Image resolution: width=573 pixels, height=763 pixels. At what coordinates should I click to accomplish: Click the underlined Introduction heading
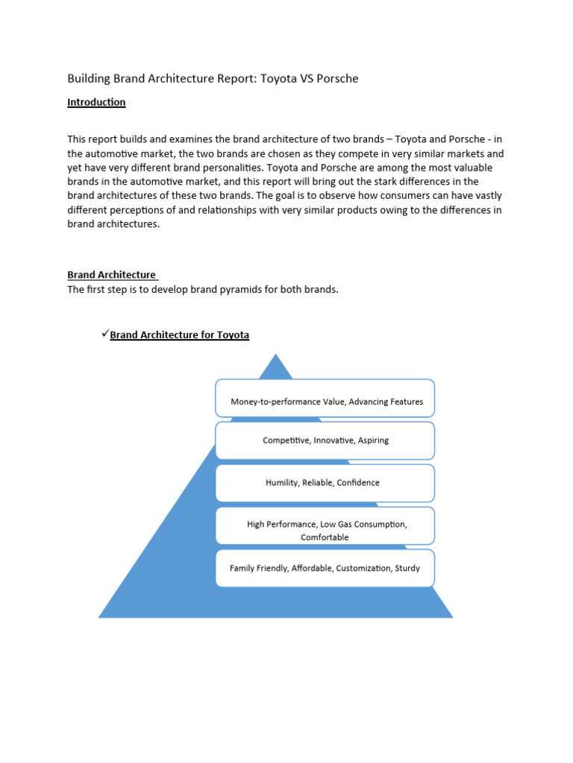(96, 102)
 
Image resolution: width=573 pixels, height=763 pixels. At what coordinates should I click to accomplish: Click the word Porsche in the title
(336, 78)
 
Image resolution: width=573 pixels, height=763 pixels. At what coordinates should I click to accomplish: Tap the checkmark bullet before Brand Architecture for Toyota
(104, 334)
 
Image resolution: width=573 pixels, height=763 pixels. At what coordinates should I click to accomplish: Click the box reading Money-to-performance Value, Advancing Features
(325, 398)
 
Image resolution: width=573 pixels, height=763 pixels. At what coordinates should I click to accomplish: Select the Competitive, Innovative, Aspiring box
(325, 440)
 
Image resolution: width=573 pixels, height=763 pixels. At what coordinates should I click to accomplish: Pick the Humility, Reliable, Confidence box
(325, 483)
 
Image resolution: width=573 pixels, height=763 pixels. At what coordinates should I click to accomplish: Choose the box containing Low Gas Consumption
(325, 525)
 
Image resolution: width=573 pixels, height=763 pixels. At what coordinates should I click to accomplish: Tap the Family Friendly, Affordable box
(325, 568)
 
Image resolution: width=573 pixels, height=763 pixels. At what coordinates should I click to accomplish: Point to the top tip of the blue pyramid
(277, 355)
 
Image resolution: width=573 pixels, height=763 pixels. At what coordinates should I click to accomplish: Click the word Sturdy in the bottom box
(407, 568)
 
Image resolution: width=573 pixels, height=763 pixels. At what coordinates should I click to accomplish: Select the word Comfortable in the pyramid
(325, 537)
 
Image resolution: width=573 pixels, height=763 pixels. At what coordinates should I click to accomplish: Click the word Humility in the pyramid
(281, 483)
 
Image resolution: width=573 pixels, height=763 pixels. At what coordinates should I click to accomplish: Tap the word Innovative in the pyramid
(334, 440)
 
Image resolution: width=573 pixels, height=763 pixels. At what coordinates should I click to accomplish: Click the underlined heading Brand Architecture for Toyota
(180, 335)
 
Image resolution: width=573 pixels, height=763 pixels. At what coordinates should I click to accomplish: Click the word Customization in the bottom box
(363, 568)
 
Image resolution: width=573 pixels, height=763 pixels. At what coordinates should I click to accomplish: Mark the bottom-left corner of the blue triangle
(100, 616)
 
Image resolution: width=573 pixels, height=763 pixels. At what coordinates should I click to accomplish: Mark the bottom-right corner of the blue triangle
(451, 616)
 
